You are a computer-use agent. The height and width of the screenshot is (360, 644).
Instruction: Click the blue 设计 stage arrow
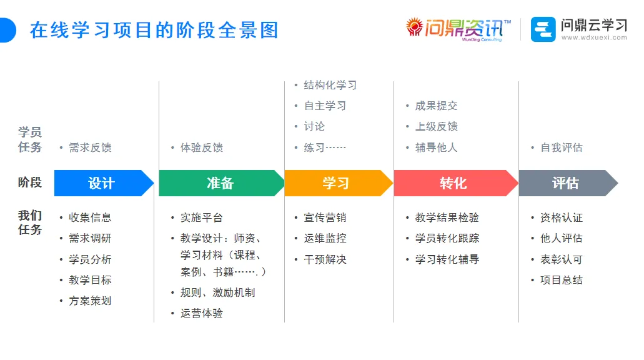click(x=102, y=183)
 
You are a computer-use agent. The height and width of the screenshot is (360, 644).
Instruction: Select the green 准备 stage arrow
click(x=220, y=183)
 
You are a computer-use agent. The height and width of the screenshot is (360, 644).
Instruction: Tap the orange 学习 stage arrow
click(x=336, y=183)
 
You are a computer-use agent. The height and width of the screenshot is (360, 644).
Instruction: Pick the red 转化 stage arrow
click(x=453, y=183)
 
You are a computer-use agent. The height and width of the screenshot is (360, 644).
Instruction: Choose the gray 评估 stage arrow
click(x=565, y=183)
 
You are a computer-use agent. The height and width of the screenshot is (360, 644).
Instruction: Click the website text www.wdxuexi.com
click(x=593, y=38)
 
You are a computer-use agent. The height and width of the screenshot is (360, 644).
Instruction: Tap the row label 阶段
click(x=30, y=182)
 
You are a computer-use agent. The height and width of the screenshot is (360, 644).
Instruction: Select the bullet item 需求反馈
click(x=90, y=147)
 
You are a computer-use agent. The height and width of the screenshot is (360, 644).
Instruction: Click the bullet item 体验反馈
click(x=202, y=147)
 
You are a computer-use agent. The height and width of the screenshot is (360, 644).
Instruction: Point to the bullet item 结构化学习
click(x=330, y=85)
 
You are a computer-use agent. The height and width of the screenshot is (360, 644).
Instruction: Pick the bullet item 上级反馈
click(x=436, y=126)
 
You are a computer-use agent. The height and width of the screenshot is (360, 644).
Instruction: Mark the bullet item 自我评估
click(x=561, y=147)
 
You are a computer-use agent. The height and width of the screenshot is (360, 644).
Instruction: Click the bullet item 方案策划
click(x=90, y=301)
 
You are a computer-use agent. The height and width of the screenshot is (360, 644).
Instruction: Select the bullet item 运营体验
click(x=202, y=313)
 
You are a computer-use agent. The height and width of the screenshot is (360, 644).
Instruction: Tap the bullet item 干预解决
click(x=325, y=259)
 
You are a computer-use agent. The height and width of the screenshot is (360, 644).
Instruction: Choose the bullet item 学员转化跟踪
click(x=447, y=238)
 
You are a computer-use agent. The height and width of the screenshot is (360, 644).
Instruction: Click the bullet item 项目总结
click(x=561, y=280)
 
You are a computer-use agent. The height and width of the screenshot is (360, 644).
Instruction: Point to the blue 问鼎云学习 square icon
click(x=543, y=29)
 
